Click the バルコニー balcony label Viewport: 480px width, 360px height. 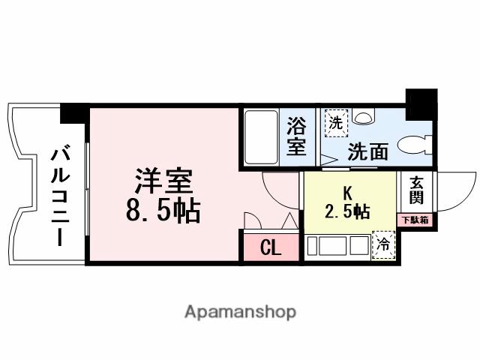click(x=61, y=198)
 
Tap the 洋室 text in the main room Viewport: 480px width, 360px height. click(x=163, y=182)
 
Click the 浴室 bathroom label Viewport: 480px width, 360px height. click(x=296, y=136)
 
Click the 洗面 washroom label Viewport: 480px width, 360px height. click(x=367, y=151)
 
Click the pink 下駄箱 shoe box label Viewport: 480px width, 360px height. click(x=415, y=220)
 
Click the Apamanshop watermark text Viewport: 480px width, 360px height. click(x=240, y=312)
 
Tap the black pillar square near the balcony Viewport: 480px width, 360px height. click(x=73, y=113)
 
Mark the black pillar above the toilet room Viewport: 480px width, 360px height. click(x=421, y=103)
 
